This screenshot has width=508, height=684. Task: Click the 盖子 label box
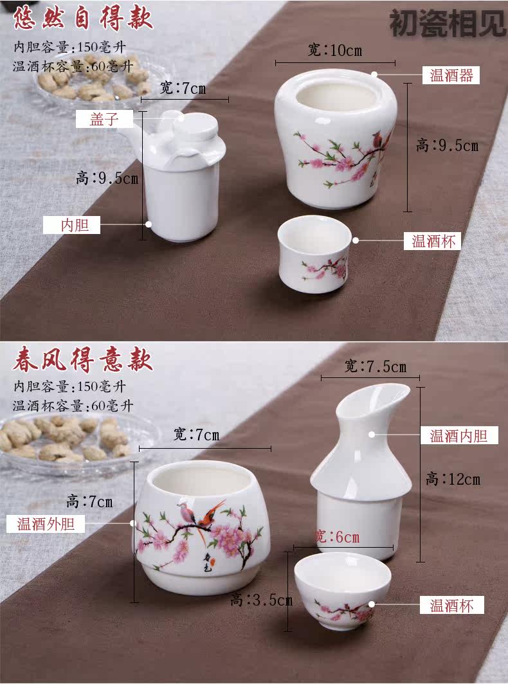click(x=104, y=119)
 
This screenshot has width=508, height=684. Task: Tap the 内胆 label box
click(x=71, y=225)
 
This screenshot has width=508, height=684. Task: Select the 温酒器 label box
click(x=451, y=75)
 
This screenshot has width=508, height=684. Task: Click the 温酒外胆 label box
click(x=46, y=523)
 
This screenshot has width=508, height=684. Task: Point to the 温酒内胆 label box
click(x=459, y=435)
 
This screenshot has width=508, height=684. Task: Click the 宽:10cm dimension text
click(x=335, y=50)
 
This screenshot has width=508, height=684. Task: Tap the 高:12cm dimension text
click(x=453, y=479)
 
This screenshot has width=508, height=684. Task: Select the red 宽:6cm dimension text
click(x=337, y=537)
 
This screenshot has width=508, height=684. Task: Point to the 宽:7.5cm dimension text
click(x=376, y=366)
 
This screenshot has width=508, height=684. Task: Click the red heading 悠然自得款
click(x=83, y=18)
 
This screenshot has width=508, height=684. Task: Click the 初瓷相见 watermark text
click(x=448, y=24)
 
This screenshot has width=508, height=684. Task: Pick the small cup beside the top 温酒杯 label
click(x=314, y=254)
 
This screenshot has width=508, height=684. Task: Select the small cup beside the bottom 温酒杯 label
click(x=343, y=591)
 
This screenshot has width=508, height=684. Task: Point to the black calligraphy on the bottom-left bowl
click(x=209, y=561)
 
